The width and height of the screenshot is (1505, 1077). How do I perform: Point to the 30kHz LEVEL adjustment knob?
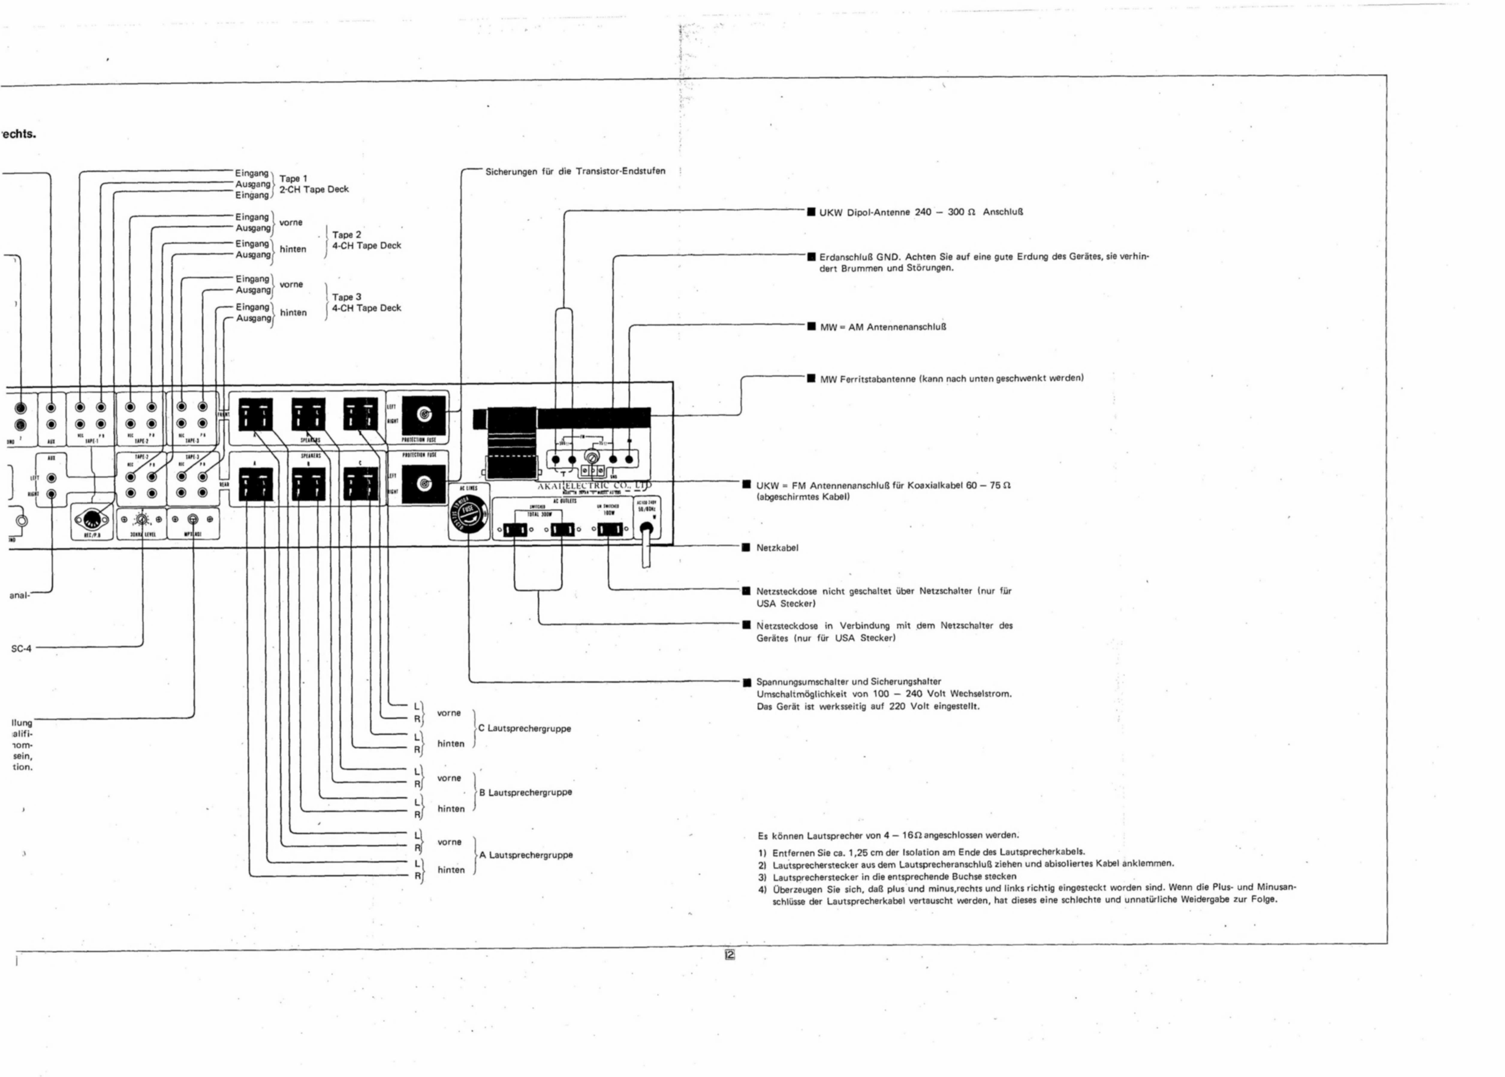141,520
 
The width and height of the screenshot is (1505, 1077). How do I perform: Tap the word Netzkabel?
777,548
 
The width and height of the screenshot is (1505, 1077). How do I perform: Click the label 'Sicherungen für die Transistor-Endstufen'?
575,171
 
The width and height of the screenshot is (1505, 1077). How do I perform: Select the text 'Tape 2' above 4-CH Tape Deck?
347,235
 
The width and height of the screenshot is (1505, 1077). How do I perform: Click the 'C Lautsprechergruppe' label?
525,728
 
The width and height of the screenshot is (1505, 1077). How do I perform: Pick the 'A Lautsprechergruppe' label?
526,855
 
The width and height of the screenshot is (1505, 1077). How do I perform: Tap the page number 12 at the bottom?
729,955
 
